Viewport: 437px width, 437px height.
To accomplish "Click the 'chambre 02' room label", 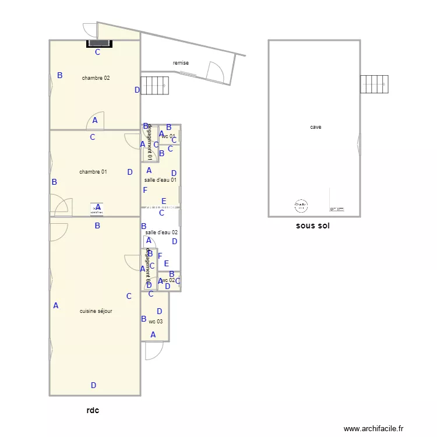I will pyautogui.click(x=96, y=78).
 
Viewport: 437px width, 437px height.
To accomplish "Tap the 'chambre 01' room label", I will pyautogui.click(x=93, y=172).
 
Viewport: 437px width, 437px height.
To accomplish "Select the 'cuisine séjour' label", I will pyautogui.click(x=96, y=311).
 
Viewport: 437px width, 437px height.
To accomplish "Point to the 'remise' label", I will pyautogui.click(x=181, y=63).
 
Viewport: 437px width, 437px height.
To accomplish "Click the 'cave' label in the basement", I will pyautogui.click(x=315, y=127).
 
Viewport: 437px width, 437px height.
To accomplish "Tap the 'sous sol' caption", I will pyautogui.click(x=312, y=226).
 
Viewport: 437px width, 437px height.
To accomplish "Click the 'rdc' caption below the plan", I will pyautogui.click(x=93, y=410).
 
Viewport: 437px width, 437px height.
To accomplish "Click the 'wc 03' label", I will pyautogui.click(x=156, y=322).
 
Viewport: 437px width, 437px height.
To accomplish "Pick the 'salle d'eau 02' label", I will pyautogui.click(x=161, y=232).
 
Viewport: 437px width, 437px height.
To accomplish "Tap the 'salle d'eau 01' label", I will pyautogui.click(x=160, y=180).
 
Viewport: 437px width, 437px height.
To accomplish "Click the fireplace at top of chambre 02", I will pyautogui.click(x=98, y=43).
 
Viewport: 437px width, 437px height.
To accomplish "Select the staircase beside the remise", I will pyautogui.click(x=154, y=86).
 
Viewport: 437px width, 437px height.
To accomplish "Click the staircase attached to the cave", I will pyautogui.click(x=374, y=84).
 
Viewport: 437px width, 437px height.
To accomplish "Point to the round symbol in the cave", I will pyautogui.click(x=301, y=205).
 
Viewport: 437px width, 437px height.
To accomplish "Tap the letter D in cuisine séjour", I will pyautogui.click(x=93, y=385).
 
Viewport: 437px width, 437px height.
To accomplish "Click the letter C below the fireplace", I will pyautogui.click(x=98, y=52).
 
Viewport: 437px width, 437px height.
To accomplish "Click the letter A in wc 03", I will pyautogui.click(x=153, y=334).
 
